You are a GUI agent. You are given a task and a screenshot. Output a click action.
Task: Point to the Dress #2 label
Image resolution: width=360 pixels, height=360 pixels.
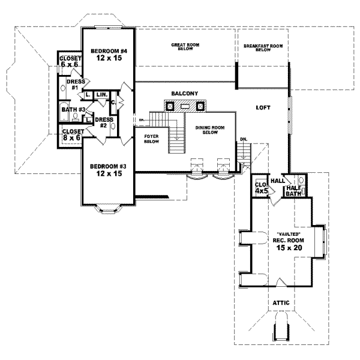pos(100,122)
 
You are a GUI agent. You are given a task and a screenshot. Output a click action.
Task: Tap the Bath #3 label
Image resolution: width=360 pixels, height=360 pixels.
pos(71,109)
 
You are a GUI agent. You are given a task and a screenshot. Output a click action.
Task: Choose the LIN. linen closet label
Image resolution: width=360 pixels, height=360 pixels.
pos(101,95)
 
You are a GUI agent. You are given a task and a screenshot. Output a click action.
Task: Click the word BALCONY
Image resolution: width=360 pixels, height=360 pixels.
pos(184,94)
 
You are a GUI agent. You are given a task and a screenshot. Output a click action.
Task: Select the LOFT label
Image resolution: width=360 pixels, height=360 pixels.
pos(263,108)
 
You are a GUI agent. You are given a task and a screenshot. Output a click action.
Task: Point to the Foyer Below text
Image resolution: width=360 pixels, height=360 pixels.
pos(151,139)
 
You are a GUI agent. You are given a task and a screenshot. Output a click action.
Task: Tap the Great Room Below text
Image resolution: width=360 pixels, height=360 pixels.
pos(185,47)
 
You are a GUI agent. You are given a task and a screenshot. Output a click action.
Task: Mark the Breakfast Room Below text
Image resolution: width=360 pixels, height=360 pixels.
pos(263,47)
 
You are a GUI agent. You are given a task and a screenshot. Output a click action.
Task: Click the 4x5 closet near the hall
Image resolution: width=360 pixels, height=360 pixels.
pos(261,188)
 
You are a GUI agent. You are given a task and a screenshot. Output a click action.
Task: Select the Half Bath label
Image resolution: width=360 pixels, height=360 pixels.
pos(293,190)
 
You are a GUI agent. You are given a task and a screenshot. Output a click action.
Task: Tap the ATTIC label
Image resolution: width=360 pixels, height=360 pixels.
pos(280,303)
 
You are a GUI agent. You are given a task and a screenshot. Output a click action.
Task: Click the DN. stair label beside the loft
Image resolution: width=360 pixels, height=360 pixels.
pos(243,139)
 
